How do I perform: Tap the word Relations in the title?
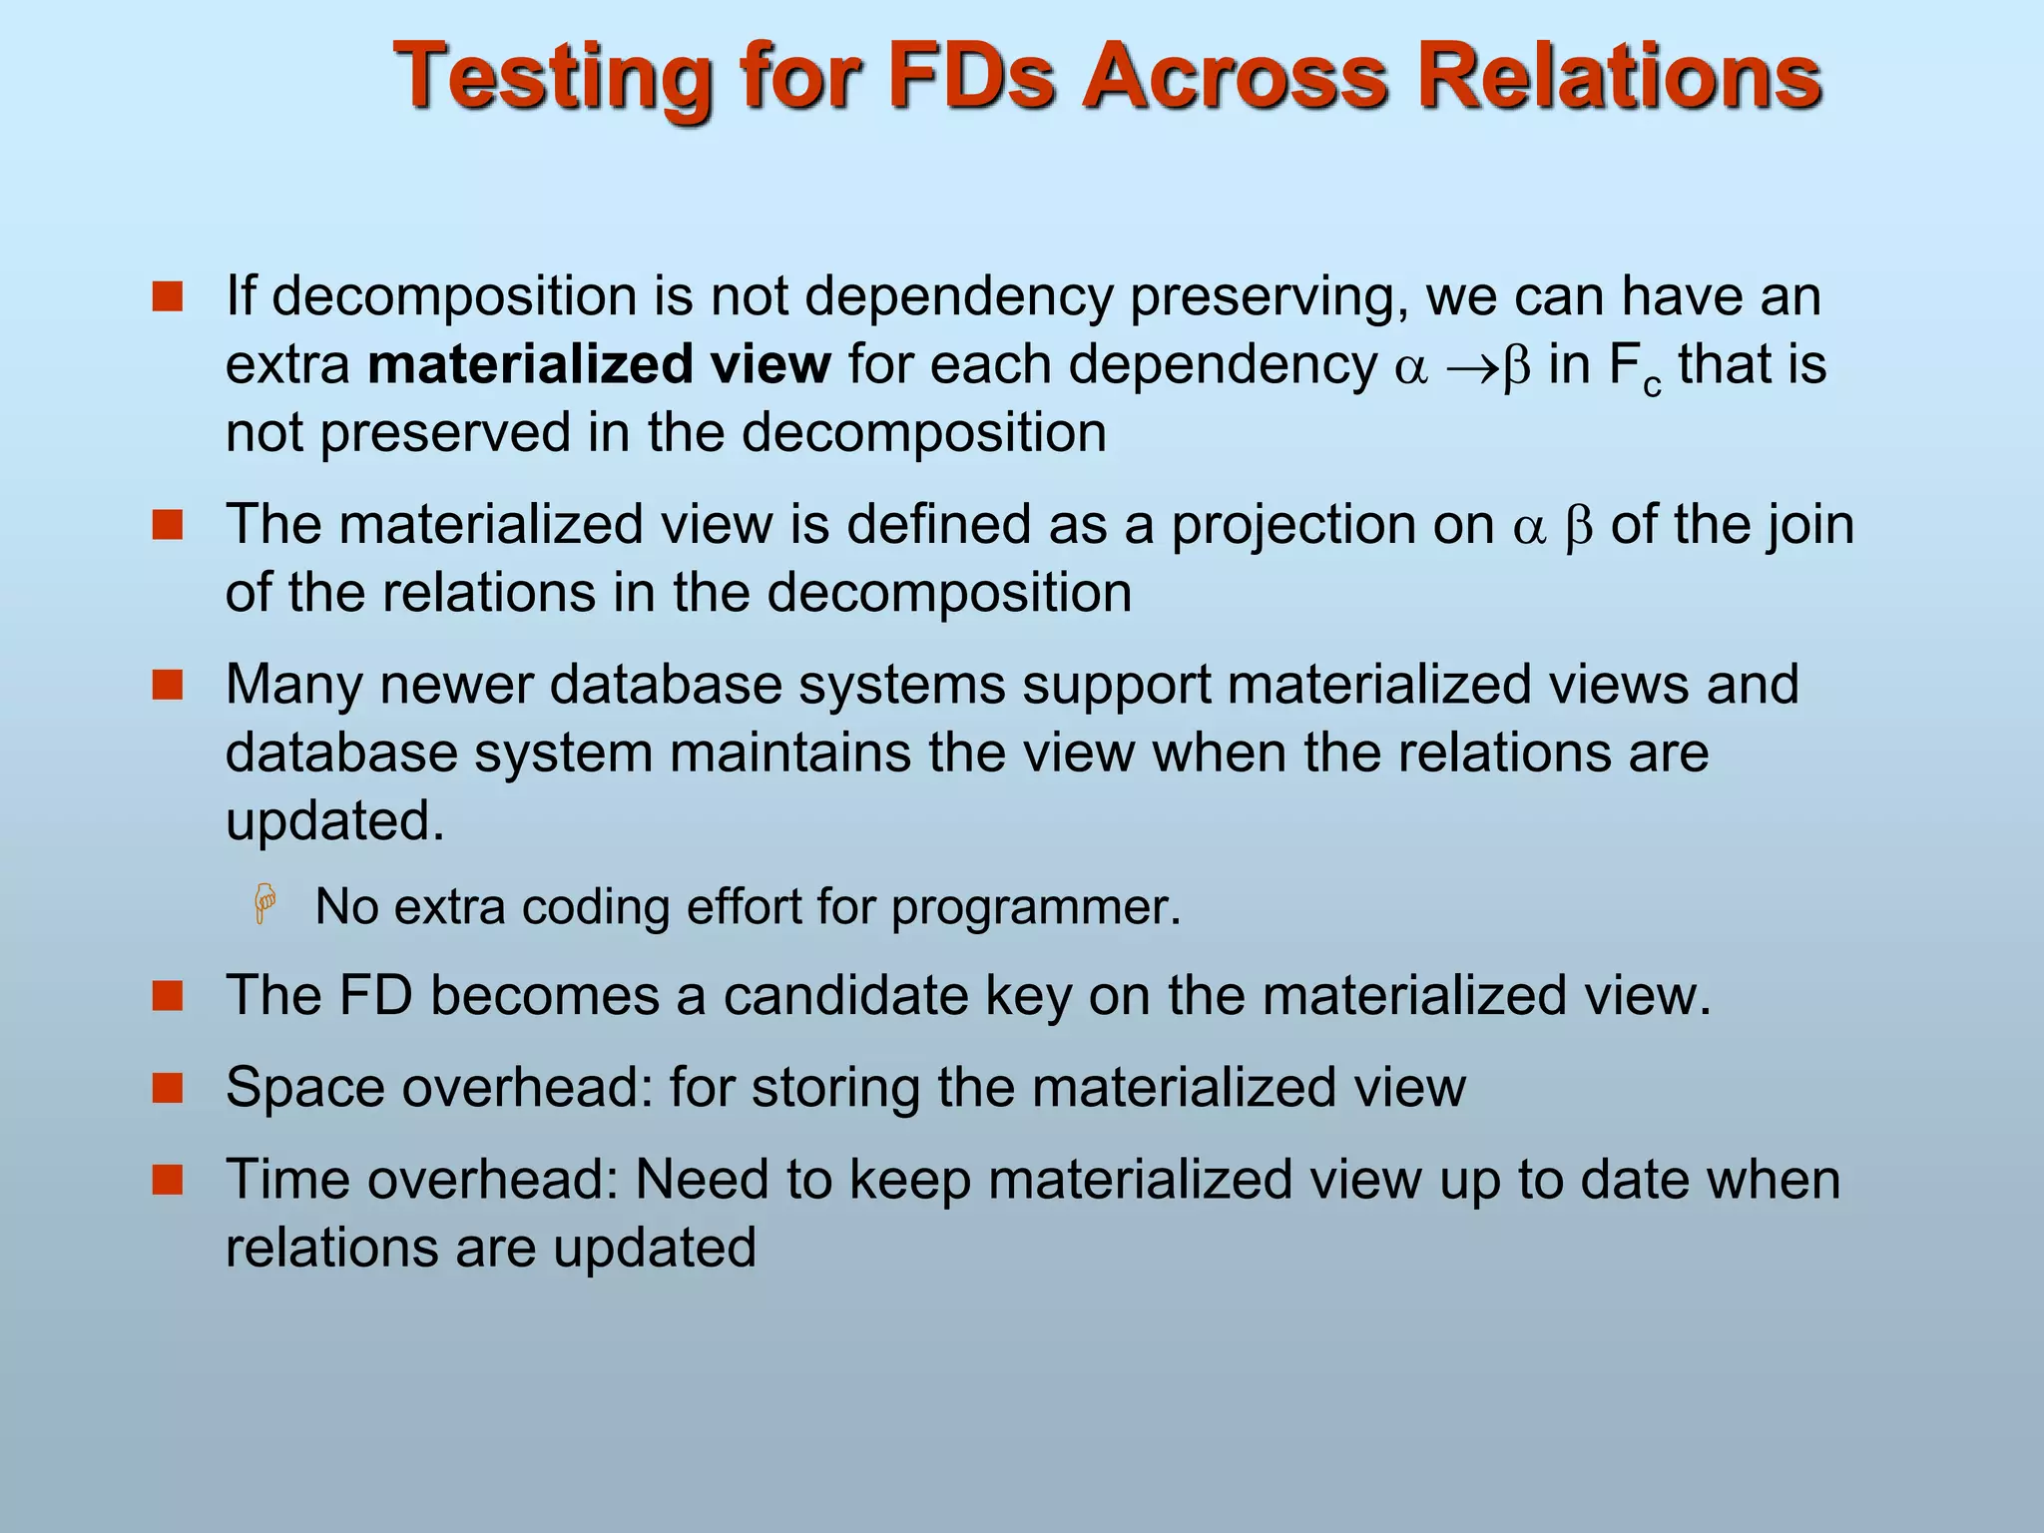coord(1619,77)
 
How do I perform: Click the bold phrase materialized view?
coord(599,364)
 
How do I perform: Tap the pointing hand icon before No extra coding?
coord(265,904)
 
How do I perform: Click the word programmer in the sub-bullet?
coord(1035,907)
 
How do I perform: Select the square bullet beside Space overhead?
coord(168,1087)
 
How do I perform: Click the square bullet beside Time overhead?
coord(168,1180)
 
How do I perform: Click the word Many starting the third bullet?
coord(293,686)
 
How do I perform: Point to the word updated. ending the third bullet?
coord(334,821)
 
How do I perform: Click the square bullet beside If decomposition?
coord(168,296)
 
